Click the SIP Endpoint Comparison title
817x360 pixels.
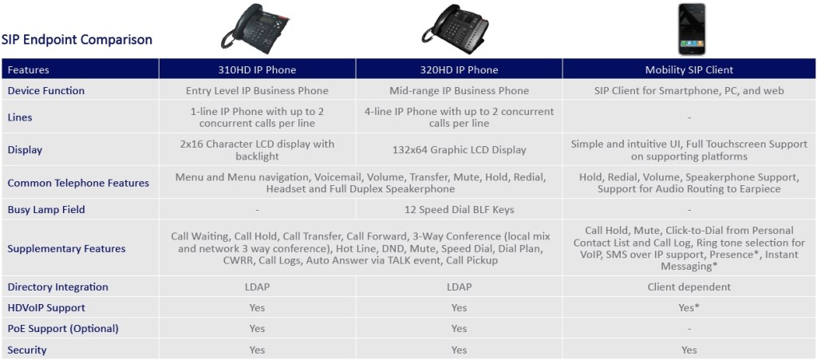coord(77,40)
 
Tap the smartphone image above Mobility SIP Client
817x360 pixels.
coord(692,30)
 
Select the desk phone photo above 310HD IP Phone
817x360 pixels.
coord(255,29)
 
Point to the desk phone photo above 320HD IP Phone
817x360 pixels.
coord(456,29)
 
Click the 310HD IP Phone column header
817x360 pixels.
coord(257,69)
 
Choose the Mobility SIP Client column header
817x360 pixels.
coord(689,69)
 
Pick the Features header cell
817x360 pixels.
coord(81,69)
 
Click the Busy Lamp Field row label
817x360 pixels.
coord(46,210)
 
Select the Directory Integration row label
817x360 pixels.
coord(57,287)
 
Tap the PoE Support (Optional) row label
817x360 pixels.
coord(63,329)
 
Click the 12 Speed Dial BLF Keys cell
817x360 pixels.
coord(459,210)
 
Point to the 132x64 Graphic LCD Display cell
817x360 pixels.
coord(459,150)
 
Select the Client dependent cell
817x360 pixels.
coord(689,287)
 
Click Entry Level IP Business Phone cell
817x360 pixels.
coord(257,91)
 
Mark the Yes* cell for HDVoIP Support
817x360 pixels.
coord(689,308)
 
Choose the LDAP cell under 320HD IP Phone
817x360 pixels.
coord(459,287)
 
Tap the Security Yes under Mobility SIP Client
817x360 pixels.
coord(689,350)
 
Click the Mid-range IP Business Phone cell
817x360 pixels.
coord(459,91)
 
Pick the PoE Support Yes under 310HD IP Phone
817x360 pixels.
coord(257,329)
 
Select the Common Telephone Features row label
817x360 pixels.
coord(78,183)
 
